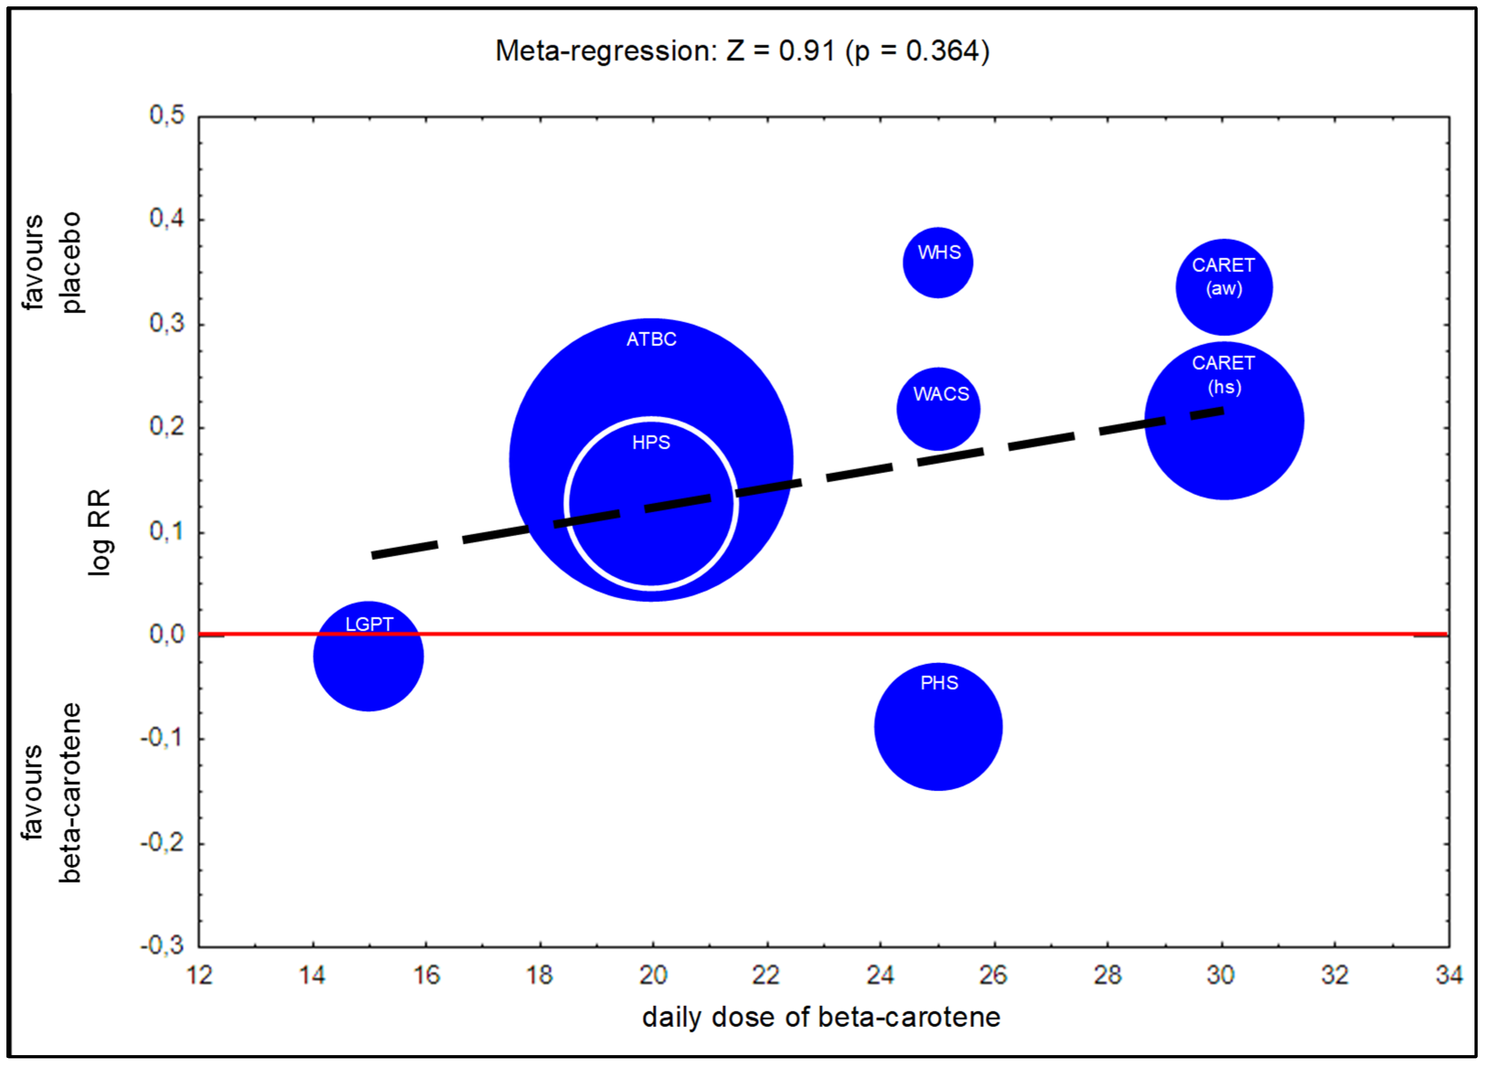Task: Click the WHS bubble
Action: tap(938, 262)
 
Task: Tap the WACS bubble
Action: tap(938, 409)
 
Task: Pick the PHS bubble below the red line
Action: tap(938, 727)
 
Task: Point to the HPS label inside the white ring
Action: tap(651, 442)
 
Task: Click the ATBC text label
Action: tap(651, 339)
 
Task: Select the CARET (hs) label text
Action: tap(1223, 374)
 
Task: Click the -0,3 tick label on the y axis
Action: tap(162, 945)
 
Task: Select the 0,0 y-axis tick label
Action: tap(167, 634)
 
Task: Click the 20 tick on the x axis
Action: tap(653, 975)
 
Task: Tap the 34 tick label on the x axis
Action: tap(1448, 975)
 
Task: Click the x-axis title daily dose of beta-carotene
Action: tap(821, 1017)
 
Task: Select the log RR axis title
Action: tap(100, 532)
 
